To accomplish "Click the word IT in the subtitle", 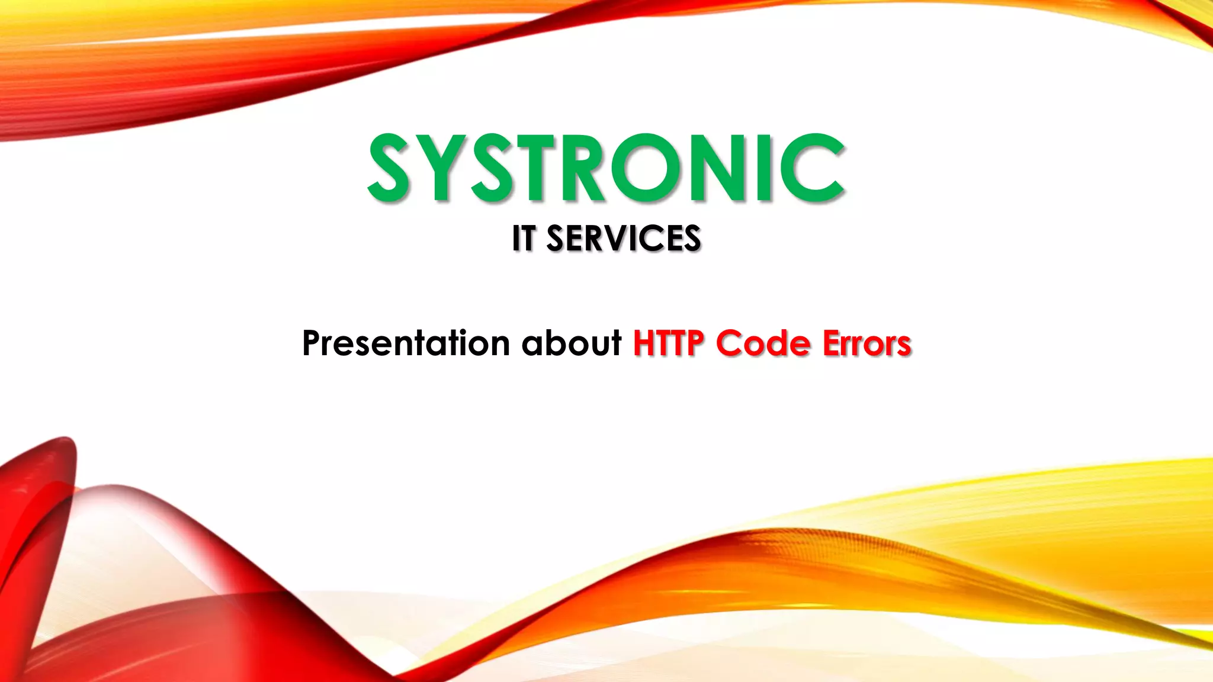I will [x=524, y=239].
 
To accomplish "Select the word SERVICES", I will [x=623, y=239].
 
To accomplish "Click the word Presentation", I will [x=406, y=343].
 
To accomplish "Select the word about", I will [x=572, y=343].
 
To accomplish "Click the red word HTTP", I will [x=669, y=343].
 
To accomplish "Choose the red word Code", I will [x=763, y=343].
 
